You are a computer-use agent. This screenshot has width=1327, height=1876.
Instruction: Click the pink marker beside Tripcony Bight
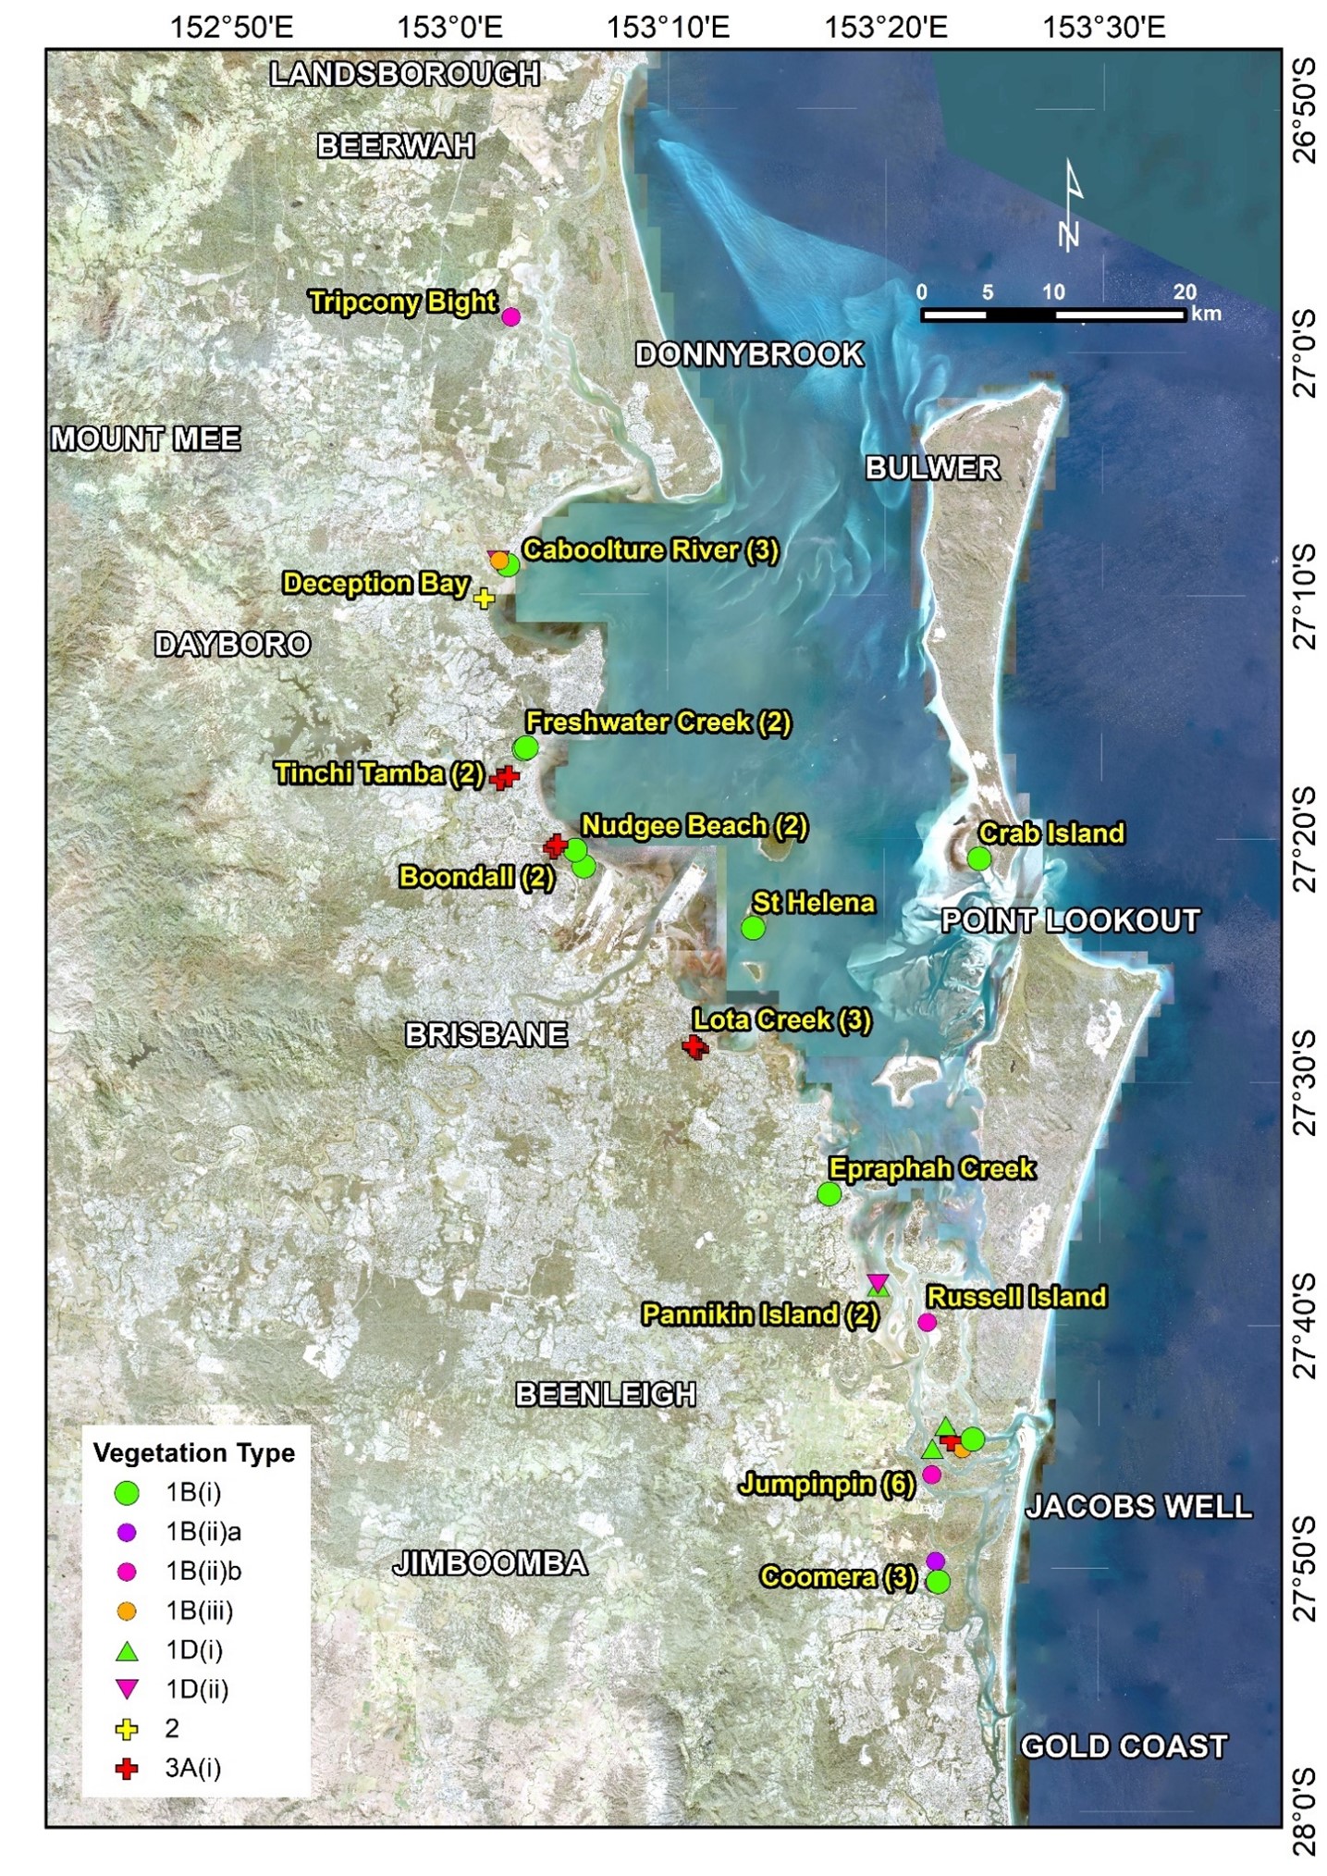510,317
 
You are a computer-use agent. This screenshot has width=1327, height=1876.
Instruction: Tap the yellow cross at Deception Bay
484,599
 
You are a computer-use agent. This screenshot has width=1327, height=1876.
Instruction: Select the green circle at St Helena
754,928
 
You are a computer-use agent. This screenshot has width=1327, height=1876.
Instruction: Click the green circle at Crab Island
979,859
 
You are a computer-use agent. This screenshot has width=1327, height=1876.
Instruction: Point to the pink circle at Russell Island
927,1323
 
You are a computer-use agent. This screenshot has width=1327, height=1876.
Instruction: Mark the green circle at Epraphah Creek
829,1194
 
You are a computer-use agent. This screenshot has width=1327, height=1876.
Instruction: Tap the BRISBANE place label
486,1034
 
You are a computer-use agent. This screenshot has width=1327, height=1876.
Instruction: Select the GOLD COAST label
1124,1746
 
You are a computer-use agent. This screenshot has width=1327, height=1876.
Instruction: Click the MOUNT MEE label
146,438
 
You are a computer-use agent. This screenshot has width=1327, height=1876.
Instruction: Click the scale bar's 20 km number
1185,292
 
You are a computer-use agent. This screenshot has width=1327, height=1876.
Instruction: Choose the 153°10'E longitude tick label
668,27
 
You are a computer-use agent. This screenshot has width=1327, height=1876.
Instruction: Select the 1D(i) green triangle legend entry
128,1650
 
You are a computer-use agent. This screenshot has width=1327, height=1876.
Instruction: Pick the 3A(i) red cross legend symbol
128,1769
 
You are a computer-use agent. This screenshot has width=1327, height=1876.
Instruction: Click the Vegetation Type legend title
194,1453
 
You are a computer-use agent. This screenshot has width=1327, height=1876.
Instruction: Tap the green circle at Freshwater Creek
525,747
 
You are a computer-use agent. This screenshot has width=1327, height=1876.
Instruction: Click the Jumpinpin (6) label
827,1485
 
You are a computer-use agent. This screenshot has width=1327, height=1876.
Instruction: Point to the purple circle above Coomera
935,1561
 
